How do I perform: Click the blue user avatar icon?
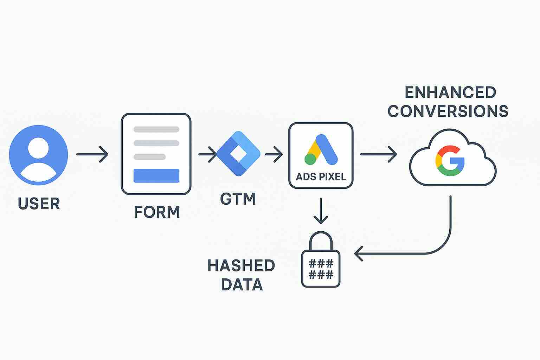(x=38, y=155)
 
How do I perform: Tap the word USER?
(x=39, y=204)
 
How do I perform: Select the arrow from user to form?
(x=92, y=154)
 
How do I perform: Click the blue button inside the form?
(x=156, y=175)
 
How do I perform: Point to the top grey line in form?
(x=156, y=129)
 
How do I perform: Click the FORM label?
(x=157, y=212)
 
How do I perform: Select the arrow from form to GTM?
(x=207, y=154)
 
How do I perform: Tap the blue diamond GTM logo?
(x=238, y=154)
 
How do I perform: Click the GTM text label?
(x=238, y=199)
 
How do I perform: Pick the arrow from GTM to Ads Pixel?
(x=274, y=154)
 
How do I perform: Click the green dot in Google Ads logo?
(x=310, y=159)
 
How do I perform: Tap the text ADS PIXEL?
(x=321, y=176)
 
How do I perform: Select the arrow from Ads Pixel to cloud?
(x=379, y=154)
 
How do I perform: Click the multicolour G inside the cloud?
(x=450, y=161)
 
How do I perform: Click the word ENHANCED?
(x=450, y=92)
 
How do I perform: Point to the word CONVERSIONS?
(x=448, y=111)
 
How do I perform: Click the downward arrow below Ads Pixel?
(x=321, y=211)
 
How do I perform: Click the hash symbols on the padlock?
(x=321, y=269)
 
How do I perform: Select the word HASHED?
(x=241, y=265)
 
